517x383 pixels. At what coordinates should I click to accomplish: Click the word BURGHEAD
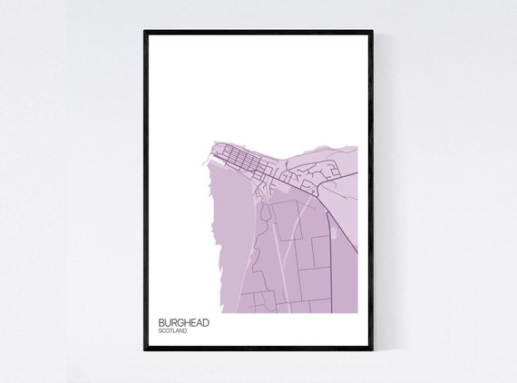coord(180,322)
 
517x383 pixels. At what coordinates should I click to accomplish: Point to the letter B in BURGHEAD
coord(161,322)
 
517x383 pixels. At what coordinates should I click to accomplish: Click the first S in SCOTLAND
coord(160,331)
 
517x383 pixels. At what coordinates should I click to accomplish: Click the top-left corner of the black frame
coord(145,32)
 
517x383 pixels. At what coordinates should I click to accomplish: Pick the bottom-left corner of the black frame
coord(145,353)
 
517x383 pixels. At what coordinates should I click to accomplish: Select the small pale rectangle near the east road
coord(337,234)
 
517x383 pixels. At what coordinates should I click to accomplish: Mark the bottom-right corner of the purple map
coord(356,311)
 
